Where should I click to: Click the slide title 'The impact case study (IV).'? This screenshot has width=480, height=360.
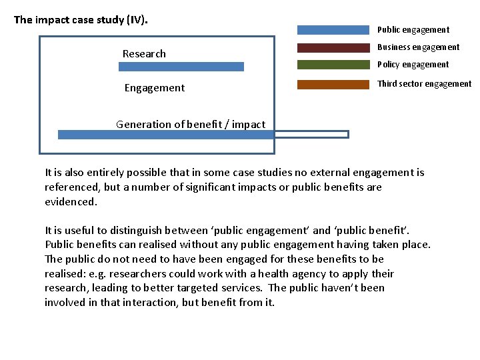point(81,19)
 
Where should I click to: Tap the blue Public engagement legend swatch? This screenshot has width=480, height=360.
point(333,30)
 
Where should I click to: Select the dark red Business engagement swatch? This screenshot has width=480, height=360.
point(333,47)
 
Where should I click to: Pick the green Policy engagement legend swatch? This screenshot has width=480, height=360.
point(333,65)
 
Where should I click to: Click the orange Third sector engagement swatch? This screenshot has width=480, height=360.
point(333,84)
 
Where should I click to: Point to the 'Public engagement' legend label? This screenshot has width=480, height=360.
point(413,30)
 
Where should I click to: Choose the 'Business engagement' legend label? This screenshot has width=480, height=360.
point(418,47)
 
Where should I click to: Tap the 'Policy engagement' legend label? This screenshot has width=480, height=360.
point(413,65)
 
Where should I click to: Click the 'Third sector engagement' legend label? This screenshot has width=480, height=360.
point(424,84)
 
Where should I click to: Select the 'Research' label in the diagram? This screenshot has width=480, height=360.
point(144,54)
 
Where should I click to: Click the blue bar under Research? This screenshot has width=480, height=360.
point(181,67)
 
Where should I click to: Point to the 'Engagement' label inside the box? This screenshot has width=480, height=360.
point(155,88)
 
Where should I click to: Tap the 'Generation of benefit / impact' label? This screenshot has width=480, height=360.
point(191,124)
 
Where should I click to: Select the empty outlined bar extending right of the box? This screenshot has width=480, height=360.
point(312,134)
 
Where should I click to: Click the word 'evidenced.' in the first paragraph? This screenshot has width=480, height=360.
point(71,201)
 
